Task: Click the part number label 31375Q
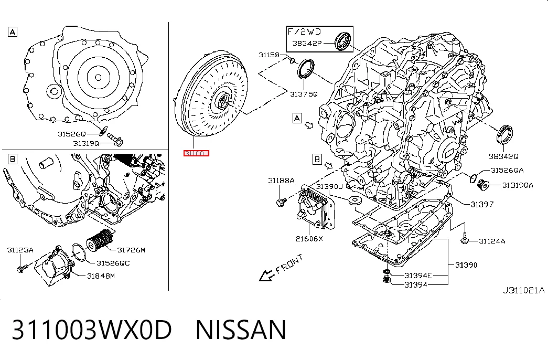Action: (x=304, y=94)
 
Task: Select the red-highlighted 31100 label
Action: (x=196, y=153)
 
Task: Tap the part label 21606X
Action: (x=309, y=239)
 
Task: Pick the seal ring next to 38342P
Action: (x=343, y=41)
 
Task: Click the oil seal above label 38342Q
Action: (x=504, y=133)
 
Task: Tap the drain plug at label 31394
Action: (x=386, y=280)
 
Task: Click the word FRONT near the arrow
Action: (x=289, y=264)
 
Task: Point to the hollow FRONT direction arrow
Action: (x=267, y=276)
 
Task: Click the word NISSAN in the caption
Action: (x=241, y=330)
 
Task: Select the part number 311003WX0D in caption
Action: (x=92, y=330)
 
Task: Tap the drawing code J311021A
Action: (x=523, y=290)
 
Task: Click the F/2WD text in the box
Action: (x=304, y=32)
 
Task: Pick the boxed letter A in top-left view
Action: (x=13, y=32)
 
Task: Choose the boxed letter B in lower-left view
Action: (x=12, y=159)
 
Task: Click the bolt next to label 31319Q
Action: (x=115, y=140)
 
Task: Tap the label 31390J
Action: (x=329, y=186)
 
